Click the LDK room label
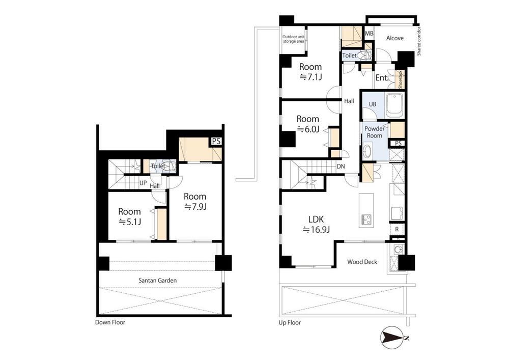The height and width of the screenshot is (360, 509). (x=317, y=224)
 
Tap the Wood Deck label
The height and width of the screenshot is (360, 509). (x=362, y=262)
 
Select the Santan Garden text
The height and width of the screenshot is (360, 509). (x=158, y=280)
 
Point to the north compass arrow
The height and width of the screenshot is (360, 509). (x=393, y=338)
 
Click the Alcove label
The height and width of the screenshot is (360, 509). (x=395, y=38)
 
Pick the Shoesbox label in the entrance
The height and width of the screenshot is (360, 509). (x=400, y=79)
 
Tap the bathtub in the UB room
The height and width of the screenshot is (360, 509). (x=394, y=105)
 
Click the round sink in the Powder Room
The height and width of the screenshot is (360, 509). (x=368, y=151)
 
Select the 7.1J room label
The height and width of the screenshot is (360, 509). (x=310, y=72)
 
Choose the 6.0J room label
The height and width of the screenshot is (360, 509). (x=308, y=124)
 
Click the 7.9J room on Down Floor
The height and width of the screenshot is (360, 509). (x=195, y=201)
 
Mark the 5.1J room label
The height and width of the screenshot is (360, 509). (x=129, y=216)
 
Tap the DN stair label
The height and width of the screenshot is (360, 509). (x=341, y=167)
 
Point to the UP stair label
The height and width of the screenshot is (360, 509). (x=143, y=183)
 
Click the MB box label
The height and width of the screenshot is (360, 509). (x=370, y=34)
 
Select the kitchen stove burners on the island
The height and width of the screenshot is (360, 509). (x=366, y=219)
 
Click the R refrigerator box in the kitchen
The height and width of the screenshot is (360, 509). (x=397, y=229)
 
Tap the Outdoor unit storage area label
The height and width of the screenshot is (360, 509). (x=294, y=39)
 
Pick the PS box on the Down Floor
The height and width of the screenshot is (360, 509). (x=216, y=142)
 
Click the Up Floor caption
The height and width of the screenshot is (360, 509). (x=290, y=323)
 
